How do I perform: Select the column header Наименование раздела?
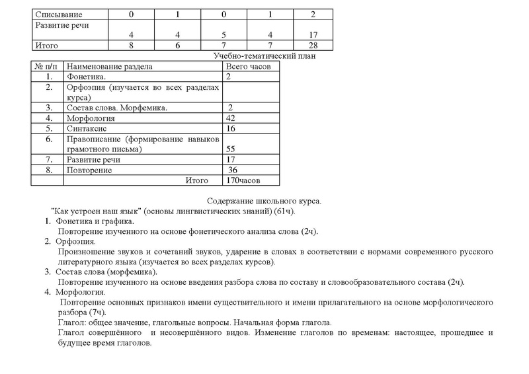(110, 67)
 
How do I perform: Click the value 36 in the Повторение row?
(233, 170)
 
